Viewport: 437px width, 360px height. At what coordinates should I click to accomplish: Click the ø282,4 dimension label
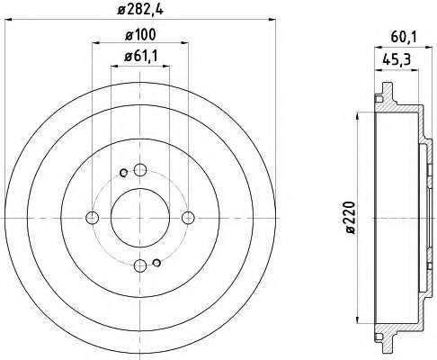click(140, 10)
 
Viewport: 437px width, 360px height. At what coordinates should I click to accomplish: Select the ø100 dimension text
click(140, 35)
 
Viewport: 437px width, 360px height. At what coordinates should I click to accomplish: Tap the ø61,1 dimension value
click(140, 57)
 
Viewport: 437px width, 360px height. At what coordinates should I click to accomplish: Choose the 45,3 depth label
click(397, 60)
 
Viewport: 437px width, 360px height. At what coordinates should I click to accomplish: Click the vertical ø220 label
click(350, 218)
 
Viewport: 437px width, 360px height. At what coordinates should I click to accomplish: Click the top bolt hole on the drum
click(140, 170)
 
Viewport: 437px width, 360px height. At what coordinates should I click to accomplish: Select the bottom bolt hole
click(140, 265)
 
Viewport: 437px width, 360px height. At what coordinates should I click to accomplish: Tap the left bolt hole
click(93, 218)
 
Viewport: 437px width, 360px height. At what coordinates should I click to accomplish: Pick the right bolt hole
click(188, 218)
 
